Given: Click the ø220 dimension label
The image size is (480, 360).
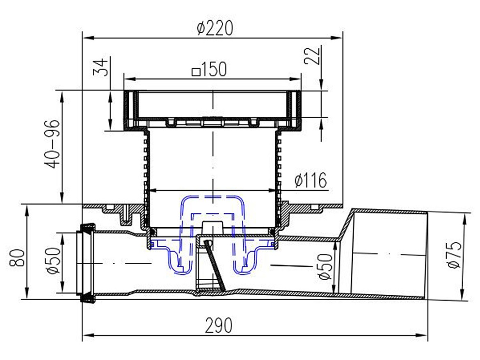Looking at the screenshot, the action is coord(215,28).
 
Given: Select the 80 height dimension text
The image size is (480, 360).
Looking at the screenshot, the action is coord(17,258).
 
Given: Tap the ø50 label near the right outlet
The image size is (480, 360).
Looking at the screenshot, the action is coord(325,267).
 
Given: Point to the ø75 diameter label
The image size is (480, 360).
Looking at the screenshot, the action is coord(454,255).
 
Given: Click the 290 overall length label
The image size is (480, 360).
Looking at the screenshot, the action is coord(219,326).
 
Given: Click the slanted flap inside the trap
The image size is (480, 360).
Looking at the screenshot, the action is coord(215,265).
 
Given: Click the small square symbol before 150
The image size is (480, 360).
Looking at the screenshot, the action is coord(196,72).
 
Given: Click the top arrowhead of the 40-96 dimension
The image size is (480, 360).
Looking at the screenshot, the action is coord(62,96).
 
